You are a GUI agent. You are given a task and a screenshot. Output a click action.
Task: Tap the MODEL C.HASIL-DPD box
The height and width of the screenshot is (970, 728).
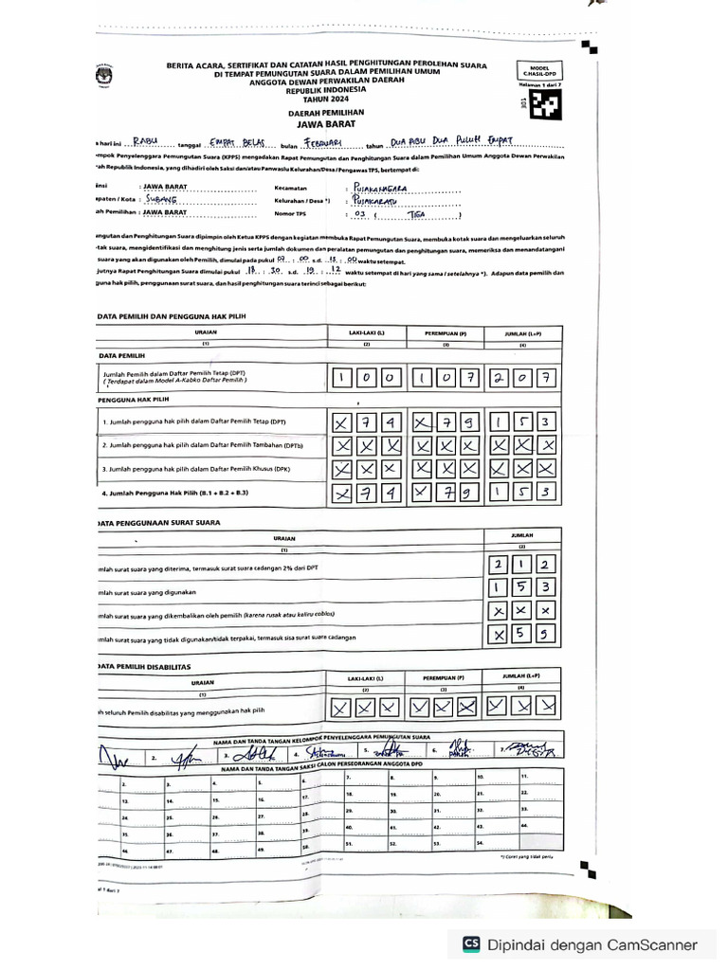[539, 72]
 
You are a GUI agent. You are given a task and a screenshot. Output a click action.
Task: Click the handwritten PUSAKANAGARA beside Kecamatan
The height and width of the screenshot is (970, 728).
[379, 189]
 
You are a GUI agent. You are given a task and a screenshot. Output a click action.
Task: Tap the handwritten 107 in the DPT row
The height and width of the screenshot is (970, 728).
[444, 379]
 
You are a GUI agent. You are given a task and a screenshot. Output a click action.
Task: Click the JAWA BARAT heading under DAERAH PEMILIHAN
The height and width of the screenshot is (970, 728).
[325, 122]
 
